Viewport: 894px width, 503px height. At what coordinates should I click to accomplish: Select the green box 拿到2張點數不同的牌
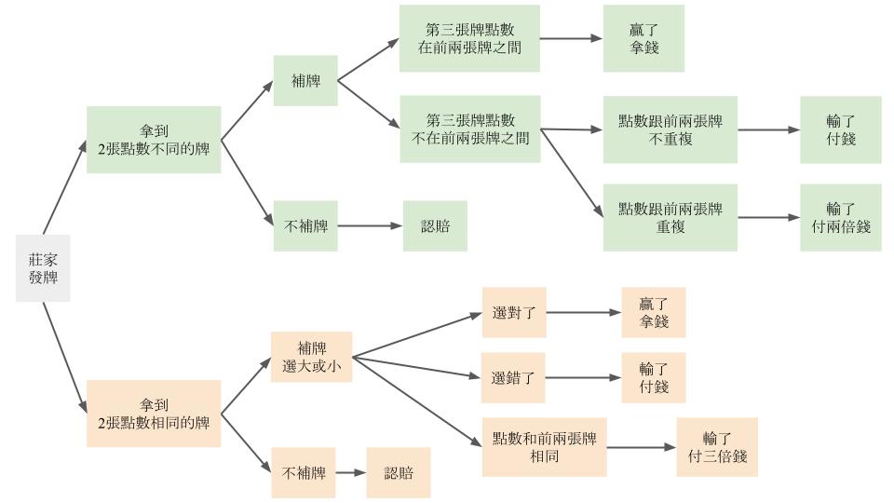(154, 140)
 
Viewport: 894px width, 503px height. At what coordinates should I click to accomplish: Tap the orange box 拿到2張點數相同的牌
(154, 414)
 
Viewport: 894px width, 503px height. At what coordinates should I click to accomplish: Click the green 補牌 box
(305, 81)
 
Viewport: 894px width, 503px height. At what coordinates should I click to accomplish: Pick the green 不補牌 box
(305, 225)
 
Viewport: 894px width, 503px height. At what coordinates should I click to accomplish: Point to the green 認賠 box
(434, 225)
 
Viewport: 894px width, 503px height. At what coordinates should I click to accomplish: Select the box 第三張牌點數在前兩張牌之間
(469, 38)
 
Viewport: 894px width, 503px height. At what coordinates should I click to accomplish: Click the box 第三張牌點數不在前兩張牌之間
(469, 129)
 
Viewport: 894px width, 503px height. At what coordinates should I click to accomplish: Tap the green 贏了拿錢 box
(643, 38)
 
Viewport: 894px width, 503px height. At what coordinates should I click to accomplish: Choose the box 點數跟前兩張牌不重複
(670, 129)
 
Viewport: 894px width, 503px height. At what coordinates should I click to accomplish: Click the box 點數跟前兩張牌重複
(670, 217)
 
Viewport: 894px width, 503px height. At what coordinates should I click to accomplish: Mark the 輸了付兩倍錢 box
(840, 217)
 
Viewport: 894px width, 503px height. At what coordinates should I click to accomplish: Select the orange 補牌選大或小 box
(311, 357)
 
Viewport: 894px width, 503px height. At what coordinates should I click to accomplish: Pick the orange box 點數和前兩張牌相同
(544, 447)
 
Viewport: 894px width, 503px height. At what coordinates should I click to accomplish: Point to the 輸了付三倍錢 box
(717, 447)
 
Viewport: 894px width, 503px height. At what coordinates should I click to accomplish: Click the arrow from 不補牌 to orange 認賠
(350, 473)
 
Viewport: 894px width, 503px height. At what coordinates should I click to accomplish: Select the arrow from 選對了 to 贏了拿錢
(584, 312)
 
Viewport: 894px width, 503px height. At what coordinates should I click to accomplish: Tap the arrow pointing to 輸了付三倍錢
(643, 447)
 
